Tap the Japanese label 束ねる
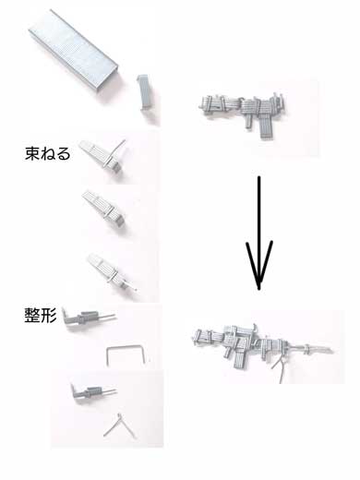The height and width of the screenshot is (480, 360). (47, 154)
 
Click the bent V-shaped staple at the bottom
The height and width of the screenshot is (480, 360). (117, 426)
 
